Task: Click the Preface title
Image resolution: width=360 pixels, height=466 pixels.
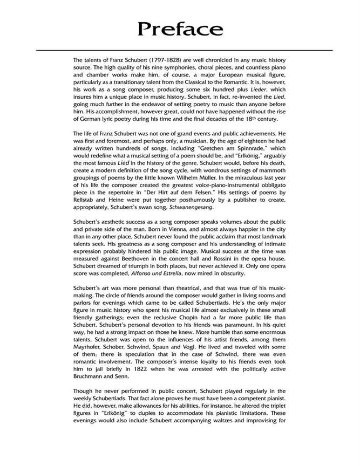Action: click(180, 28)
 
